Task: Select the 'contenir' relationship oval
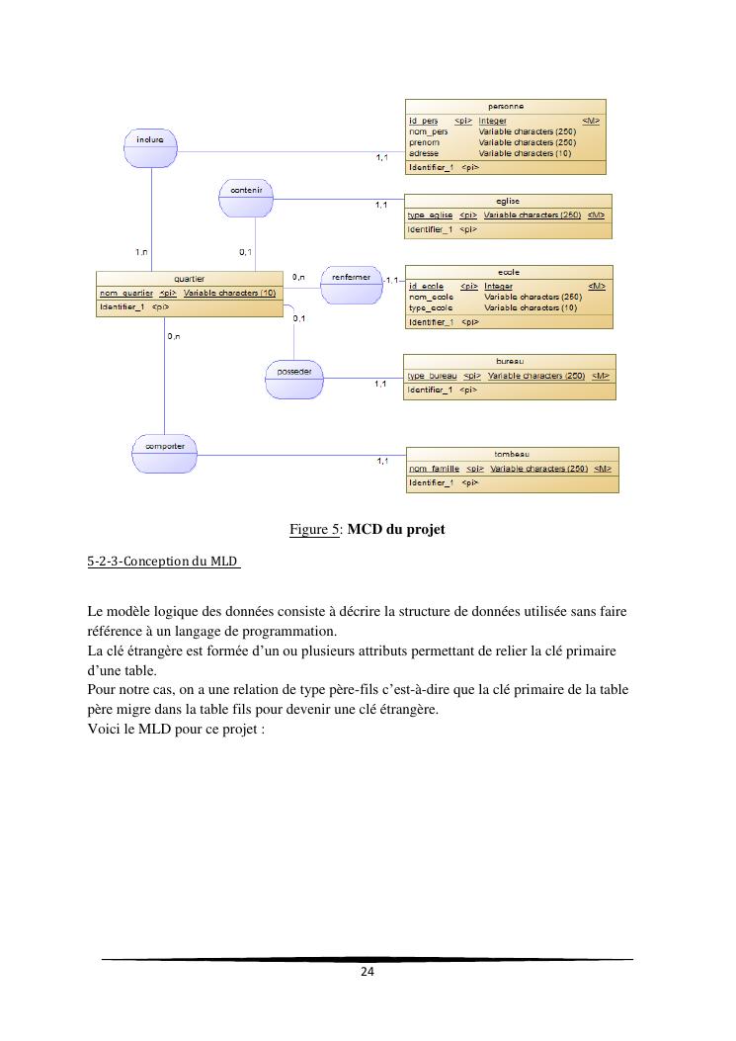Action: pos(245,196)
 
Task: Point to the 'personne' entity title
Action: pos(506,106)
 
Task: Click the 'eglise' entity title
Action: pos(508,201)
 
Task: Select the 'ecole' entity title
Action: pos(509,272)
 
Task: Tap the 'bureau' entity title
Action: pos(510,362)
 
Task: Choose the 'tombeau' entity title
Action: pos(512,455)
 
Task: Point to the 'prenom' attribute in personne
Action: pos(424,142)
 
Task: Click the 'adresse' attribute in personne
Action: pos(424,153)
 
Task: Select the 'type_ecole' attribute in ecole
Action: pos(431,307)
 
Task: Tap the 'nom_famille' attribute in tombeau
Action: pos(434,469)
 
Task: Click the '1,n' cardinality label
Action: pos(142,252)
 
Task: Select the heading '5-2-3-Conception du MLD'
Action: pos(163,562)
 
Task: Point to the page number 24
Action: pos(367,972)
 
